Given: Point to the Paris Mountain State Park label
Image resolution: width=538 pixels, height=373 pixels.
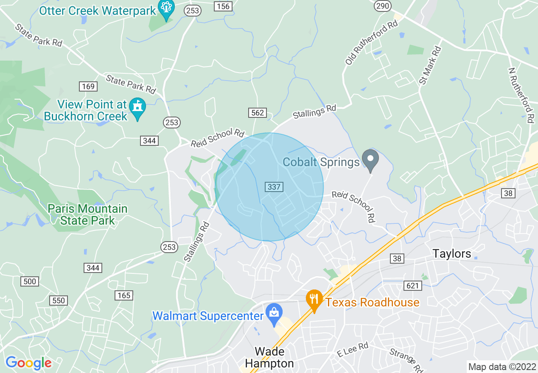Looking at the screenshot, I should click(87, 214).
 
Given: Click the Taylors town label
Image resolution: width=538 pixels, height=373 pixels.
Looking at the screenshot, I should click(452, 254).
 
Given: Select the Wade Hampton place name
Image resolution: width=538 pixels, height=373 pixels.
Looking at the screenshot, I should click(269, 358).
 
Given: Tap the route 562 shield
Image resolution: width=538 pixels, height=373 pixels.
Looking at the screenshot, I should click(258, 113).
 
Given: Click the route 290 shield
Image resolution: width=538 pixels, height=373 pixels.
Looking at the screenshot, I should click(382, 6).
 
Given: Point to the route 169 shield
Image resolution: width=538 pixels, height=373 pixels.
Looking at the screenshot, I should click(88, 86).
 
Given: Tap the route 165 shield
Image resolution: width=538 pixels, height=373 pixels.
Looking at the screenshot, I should click(124, 295).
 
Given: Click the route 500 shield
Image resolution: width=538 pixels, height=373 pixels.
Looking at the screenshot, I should click(29, 281).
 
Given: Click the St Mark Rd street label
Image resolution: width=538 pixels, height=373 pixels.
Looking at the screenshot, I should click(430, 65).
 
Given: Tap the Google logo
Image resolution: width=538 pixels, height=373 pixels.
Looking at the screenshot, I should click(28, 363).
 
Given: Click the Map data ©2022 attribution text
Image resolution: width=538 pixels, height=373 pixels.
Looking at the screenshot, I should click(501, 367).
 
